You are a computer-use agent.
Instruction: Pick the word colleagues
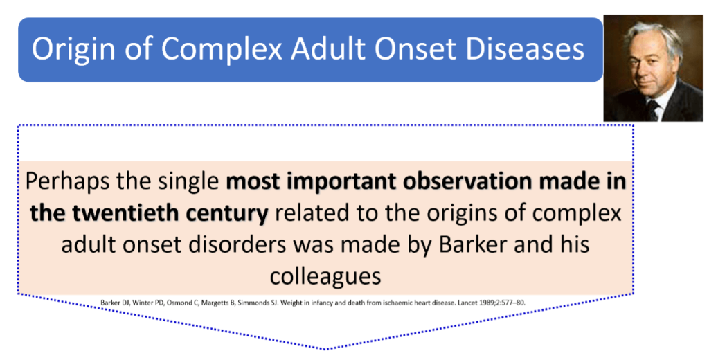[325, 276]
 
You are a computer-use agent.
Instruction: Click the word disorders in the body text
[237, 244]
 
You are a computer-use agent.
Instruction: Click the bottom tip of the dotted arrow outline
[325, 349]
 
